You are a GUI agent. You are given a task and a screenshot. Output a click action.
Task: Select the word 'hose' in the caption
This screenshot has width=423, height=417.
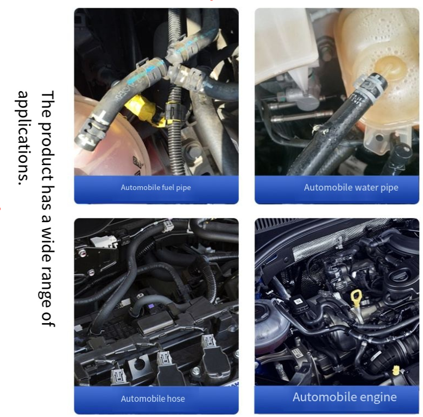tap(176, 399)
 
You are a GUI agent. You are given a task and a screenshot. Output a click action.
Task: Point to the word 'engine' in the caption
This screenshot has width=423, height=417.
tap(380, 397)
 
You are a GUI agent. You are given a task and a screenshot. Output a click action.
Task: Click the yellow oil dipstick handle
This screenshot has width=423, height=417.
tap(356, 298)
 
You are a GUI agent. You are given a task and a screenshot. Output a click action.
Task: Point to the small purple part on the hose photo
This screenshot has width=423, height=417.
tap(150, 306)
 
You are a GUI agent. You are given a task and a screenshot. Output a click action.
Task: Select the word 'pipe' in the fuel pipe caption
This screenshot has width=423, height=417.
tap(184, 188)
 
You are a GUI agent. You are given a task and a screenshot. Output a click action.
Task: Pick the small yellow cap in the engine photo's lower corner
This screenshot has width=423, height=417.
tap(396, 370)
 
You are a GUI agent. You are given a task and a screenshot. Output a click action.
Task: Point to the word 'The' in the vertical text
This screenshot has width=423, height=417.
tap(48, 104)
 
